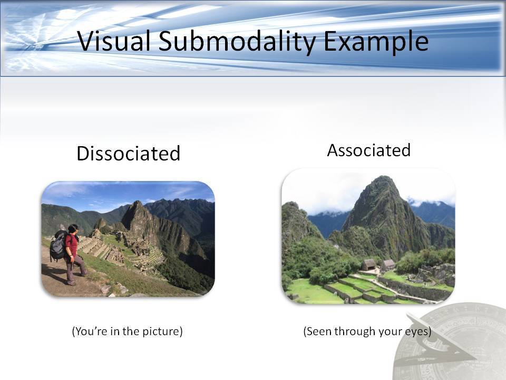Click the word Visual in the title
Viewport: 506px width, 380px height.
pos(114,41)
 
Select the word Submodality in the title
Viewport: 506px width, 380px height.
pos(237,42)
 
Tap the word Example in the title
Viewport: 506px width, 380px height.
pos(376,42)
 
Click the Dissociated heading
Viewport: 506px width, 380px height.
pos(129,153)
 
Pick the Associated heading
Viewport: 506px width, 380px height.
pos(369,150)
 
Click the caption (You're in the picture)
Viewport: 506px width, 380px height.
pos(127,331)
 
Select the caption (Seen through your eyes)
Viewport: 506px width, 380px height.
pos(367,331)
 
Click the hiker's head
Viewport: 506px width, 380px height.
pos(73,229)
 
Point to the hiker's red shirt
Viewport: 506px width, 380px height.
pos(72,244)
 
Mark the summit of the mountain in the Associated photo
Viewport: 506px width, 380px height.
pos(383,177)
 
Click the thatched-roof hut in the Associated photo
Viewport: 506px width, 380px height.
pos(369,264)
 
